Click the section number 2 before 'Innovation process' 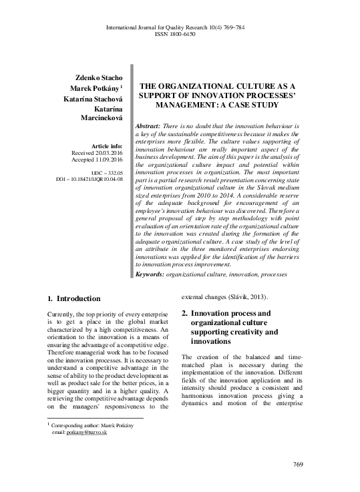coord(185,312)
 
